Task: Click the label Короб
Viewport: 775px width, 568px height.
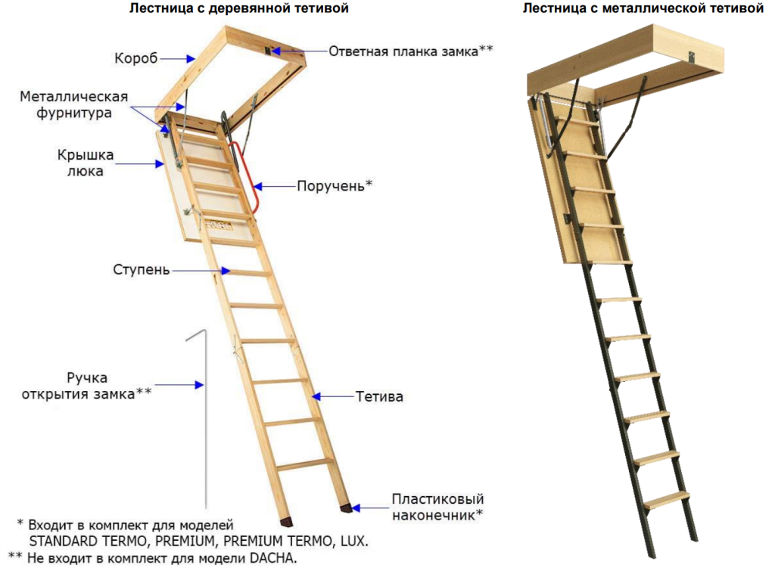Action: coord(135,57)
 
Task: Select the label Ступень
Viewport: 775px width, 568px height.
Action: coord(142,270)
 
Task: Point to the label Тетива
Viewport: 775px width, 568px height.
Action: coord(379,396)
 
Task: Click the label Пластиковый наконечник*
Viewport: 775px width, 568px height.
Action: coord(437,507)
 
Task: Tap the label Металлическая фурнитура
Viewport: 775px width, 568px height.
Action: coord(73,105)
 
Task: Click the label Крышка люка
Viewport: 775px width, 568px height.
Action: coord(85,163)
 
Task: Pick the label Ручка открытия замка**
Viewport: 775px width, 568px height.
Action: coord(86,385)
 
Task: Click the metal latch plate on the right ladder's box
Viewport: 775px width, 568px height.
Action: coord(691,57)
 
